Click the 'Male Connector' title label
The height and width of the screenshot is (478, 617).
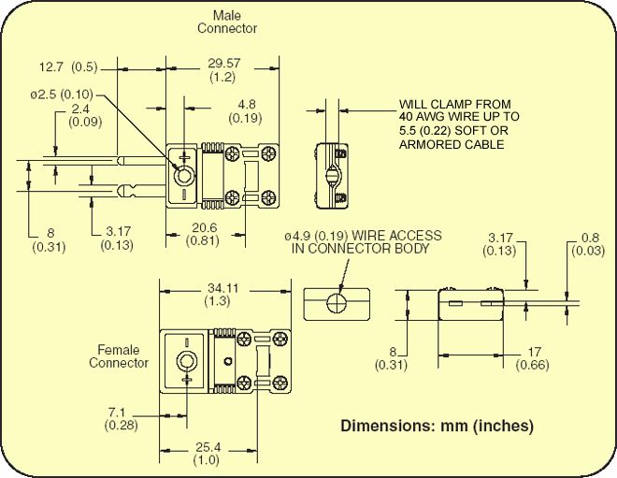[226, 22]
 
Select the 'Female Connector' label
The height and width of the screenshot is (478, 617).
[119, 356]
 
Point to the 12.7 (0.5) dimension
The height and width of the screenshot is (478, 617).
[67, 67]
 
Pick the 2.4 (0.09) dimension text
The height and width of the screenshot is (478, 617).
[81, 116]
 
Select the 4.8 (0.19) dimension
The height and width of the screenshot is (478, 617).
[247, 111]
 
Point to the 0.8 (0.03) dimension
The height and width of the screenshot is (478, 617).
[590, 243]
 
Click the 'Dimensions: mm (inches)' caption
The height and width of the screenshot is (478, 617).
[437, 426]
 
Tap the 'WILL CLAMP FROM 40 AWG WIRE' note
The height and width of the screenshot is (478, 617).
[459, 123]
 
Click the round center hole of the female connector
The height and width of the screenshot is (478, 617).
[188, 363]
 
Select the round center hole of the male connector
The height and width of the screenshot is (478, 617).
[185, 174]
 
